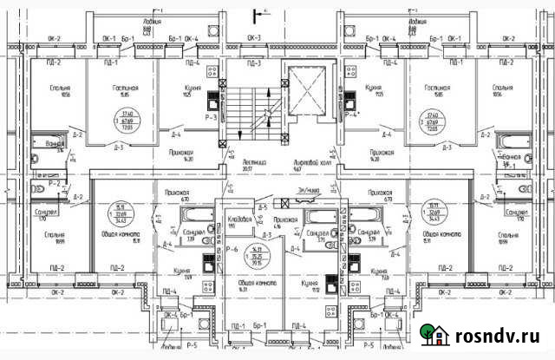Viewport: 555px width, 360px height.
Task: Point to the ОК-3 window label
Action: click(254, 38)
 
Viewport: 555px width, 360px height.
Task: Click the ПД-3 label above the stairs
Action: click(254, 63)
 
